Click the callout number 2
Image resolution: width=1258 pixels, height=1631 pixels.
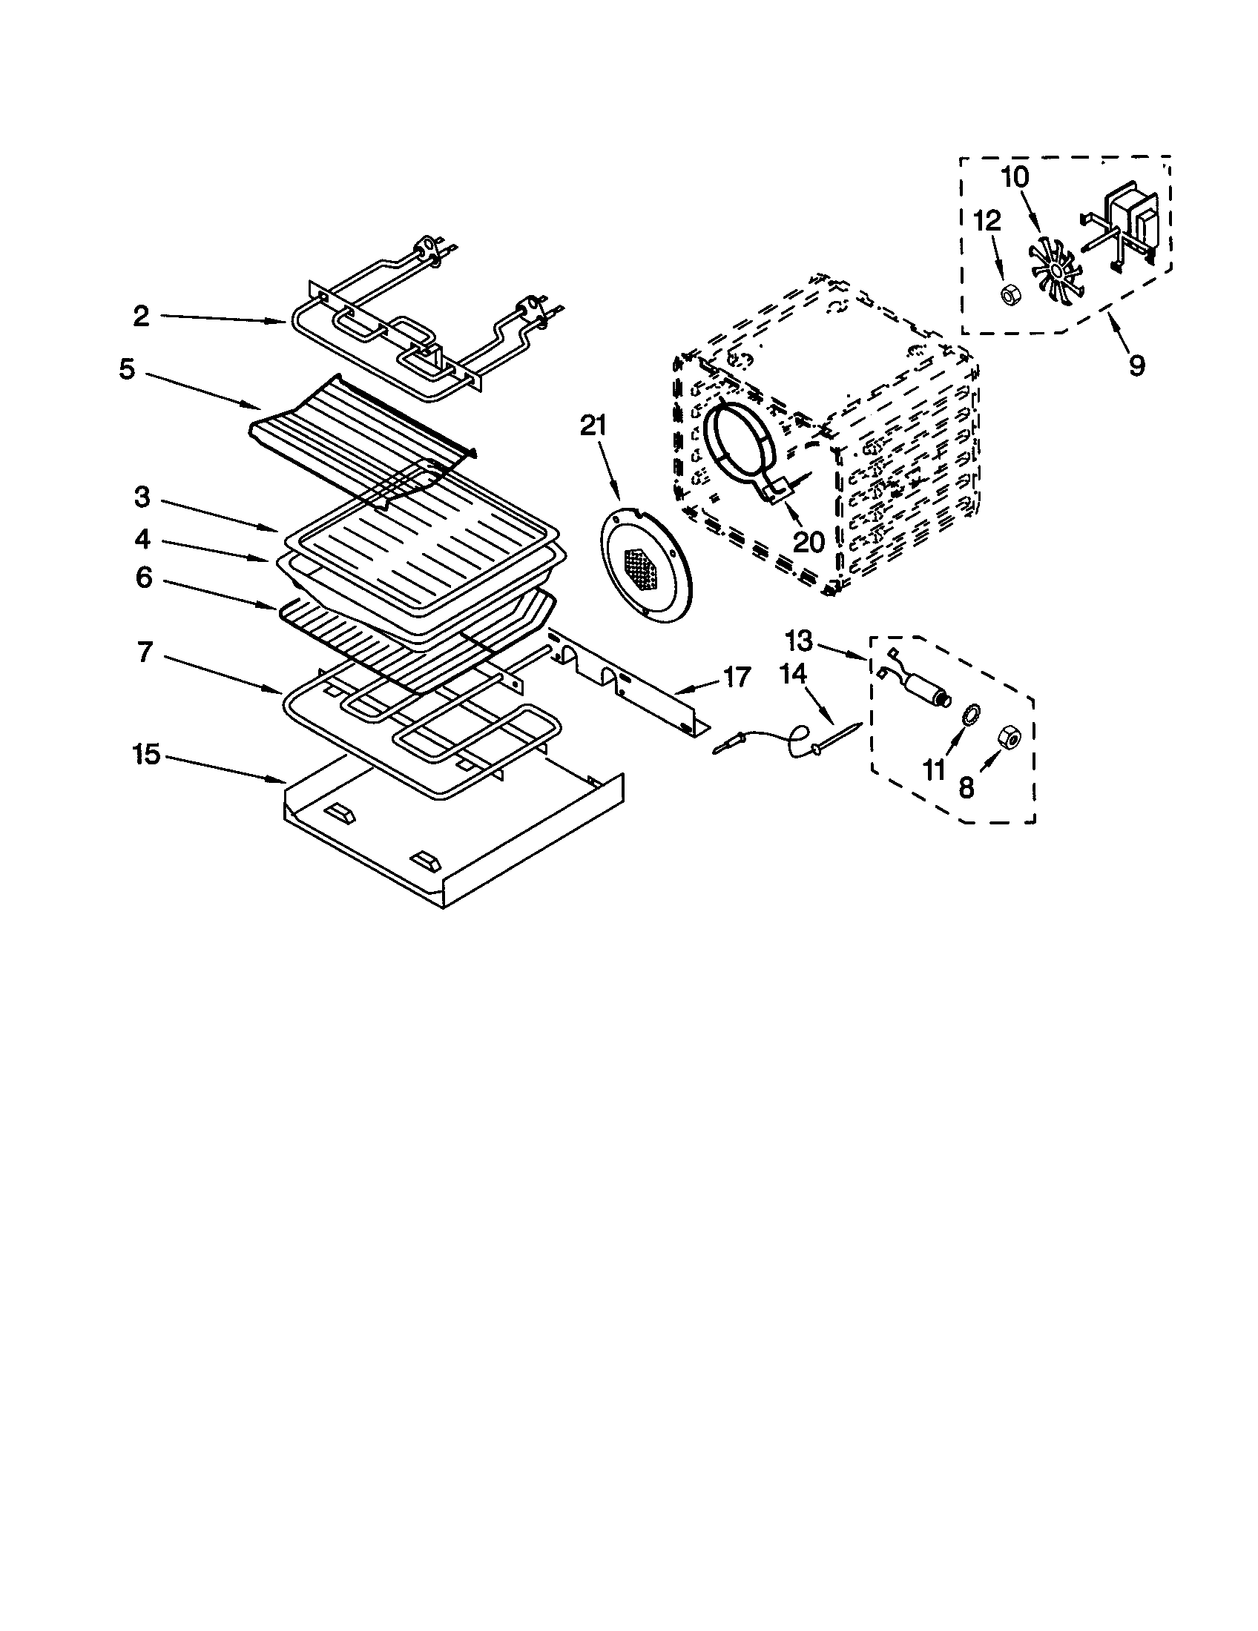pyautogui.click(x=141, y=316)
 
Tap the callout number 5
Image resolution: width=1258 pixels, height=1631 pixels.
pyautogui.click(x=127, y=370)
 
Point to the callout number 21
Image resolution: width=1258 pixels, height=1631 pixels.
pyautogui.click(x=594, y=426)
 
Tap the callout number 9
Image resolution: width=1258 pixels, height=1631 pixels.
pyautogui.click(x=1136, y=366)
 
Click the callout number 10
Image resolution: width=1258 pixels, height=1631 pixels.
pyautogui.click(x=1015, y=178)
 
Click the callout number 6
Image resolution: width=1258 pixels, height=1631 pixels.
pyautogui.click(x=143, y=578)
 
